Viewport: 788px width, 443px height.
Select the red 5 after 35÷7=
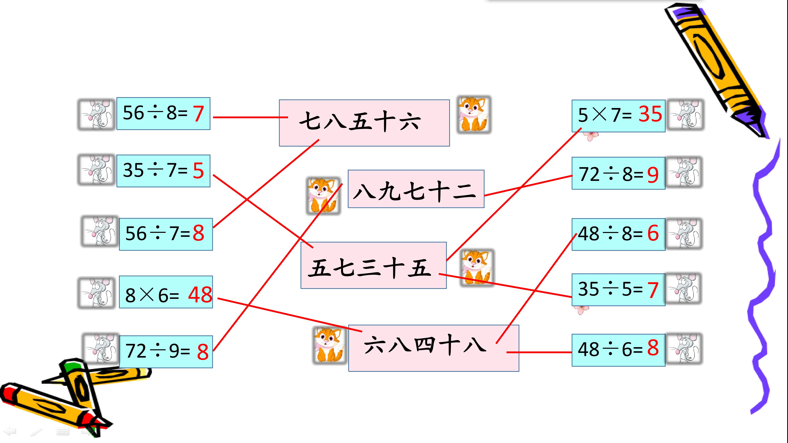198,171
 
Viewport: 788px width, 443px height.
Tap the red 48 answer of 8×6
200,295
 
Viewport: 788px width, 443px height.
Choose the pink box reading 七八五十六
364,123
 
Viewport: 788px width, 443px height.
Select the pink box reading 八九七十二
416,189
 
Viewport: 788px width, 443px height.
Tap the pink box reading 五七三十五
374,265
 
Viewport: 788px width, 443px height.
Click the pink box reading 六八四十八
434,348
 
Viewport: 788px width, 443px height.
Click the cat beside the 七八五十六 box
474,114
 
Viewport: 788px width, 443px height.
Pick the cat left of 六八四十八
329,345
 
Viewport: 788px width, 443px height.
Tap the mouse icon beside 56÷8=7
96,114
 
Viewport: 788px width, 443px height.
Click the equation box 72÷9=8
166,352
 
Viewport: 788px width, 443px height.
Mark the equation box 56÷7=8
166,234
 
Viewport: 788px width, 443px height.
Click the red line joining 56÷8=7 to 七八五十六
250,117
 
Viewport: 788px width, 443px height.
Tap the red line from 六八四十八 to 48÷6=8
539,352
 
